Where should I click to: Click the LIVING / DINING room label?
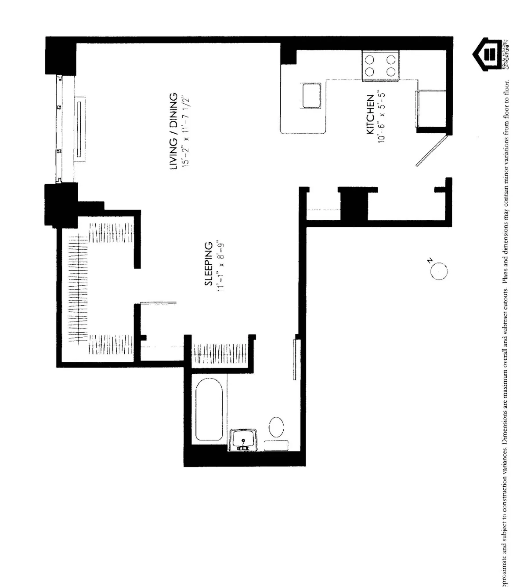[x=174, y=131]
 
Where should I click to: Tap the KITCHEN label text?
[x=370, y=115]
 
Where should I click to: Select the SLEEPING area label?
[x=209, y=263]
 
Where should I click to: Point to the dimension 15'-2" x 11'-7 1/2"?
[x=186, y=131]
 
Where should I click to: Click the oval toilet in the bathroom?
[x=276, y=426]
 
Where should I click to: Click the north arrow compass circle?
[x=439, y=271]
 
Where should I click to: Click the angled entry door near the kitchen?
[x=431, y=151]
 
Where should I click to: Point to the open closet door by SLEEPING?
[x=158, y=303]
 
